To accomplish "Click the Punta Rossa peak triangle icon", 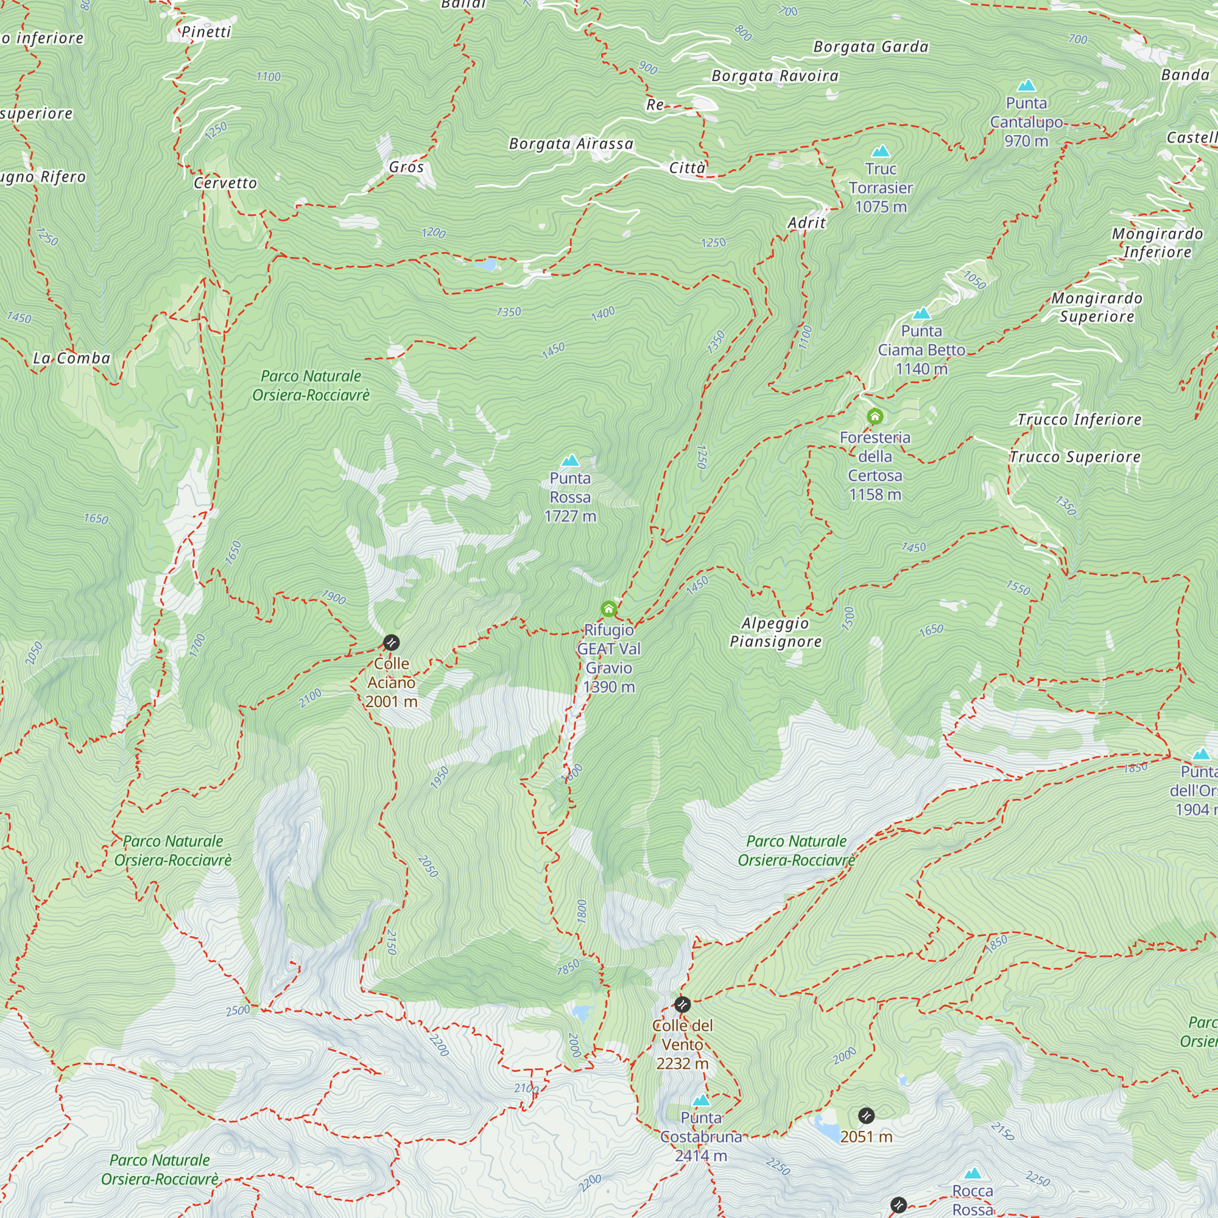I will point(570,460).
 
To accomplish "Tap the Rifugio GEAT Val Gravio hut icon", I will point(608,608).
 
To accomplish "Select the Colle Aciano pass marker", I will point(391,642).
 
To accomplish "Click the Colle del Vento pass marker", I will point(682,1004).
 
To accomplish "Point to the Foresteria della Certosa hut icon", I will point(875,416).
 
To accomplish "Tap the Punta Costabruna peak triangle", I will point(701,1100).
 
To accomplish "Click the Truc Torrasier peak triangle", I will point(880,151).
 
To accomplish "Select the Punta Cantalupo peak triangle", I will point(1026,85).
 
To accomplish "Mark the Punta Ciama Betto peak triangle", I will point(921,313).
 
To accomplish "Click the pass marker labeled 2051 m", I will point(866,1116).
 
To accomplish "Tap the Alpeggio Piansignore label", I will point(775,632).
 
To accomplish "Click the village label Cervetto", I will point(225,183).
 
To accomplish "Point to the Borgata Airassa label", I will point(571,144).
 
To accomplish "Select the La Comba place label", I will point(71,358).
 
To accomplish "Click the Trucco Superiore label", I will point(1074,457).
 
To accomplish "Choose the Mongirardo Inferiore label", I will point(1157,243).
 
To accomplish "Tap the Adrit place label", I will point(806,222).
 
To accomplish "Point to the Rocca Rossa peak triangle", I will point(973,1174).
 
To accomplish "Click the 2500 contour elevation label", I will point(238,1010).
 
